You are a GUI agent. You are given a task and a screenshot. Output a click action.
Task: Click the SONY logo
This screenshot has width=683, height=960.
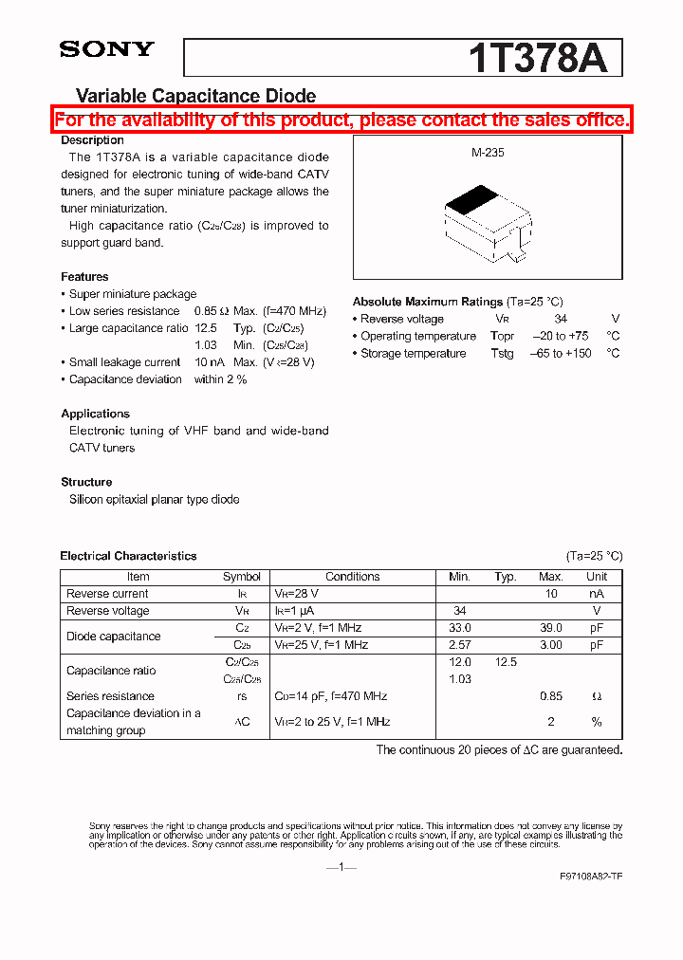click(x=106, y=49)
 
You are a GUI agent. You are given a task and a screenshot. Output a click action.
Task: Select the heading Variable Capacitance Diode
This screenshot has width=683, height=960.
click(x=195, y=96)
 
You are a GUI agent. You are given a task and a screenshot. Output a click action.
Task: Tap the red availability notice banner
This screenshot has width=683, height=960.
click(x=341, y=120)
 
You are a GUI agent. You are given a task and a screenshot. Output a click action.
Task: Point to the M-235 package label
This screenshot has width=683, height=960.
click(x=488, y=152)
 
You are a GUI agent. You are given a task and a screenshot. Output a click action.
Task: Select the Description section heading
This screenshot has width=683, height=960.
click(x=92, y=140)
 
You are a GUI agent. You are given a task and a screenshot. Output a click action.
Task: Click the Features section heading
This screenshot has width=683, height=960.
click(x=84, y=277)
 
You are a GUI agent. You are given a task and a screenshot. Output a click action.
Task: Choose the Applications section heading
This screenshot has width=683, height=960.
click(x=95, y=414)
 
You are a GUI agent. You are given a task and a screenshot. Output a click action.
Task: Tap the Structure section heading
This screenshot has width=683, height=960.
click(x=86, y=482)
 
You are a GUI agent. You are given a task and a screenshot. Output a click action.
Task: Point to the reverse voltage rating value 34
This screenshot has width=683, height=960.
click(x=561, y=319)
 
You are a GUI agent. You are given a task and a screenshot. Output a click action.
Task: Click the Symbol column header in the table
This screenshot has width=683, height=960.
click(x=242, y=577)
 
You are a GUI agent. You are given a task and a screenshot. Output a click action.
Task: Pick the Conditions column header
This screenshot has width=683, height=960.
click(x=352, y=577)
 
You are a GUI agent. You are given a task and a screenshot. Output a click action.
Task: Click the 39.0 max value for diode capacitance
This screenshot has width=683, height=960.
click(x=550, y=628)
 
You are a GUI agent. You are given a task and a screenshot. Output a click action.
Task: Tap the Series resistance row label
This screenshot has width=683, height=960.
click(x=110, y=696)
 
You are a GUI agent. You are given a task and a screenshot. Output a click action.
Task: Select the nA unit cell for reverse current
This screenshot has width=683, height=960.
click(x=597, y=594)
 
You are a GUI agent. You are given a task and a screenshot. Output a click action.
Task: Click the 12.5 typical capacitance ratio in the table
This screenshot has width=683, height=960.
click(x=506, y=662)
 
